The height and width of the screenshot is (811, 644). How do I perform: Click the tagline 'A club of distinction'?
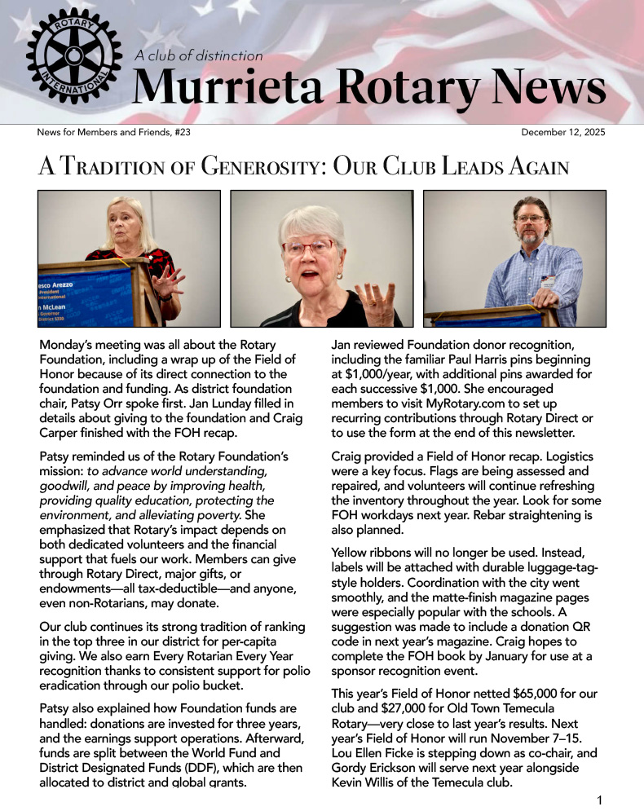(x=198, y=56)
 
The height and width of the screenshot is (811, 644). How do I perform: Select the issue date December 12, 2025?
(x=562, y=132)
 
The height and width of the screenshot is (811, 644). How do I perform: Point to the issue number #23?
(x=182, y=132)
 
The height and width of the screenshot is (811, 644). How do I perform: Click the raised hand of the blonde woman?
(x=170, y=278)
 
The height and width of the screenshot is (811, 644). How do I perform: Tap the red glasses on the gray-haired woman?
(x=307, y=247)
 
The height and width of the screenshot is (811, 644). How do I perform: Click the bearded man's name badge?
(x=548, y=281)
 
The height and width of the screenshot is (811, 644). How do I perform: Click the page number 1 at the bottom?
(x=600, y=800)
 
